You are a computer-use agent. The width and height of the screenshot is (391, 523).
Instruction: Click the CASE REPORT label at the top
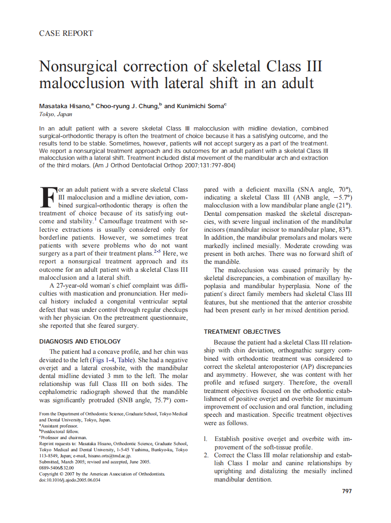click(66, 33)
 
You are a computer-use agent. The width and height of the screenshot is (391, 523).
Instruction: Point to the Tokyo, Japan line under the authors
click(52, 114)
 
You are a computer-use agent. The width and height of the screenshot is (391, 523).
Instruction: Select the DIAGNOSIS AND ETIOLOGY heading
click(80, 341)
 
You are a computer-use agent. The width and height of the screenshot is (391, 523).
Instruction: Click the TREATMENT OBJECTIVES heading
click(242, 331)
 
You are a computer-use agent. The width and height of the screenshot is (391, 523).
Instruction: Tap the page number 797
click(347, 491)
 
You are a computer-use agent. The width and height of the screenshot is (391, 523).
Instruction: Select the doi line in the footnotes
click(70, 480)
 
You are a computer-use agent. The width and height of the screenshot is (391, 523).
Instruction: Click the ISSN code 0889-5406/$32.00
click(56, 468)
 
